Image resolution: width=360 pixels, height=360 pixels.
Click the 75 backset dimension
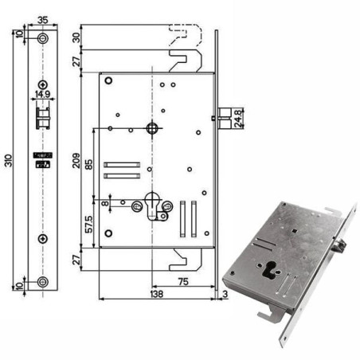[x=183, y=281]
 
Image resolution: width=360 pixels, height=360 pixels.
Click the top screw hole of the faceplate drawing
[x=42, y=37]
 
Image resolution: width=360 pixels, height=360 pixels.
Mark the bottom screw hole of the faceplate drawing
[x=42, y=280]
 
